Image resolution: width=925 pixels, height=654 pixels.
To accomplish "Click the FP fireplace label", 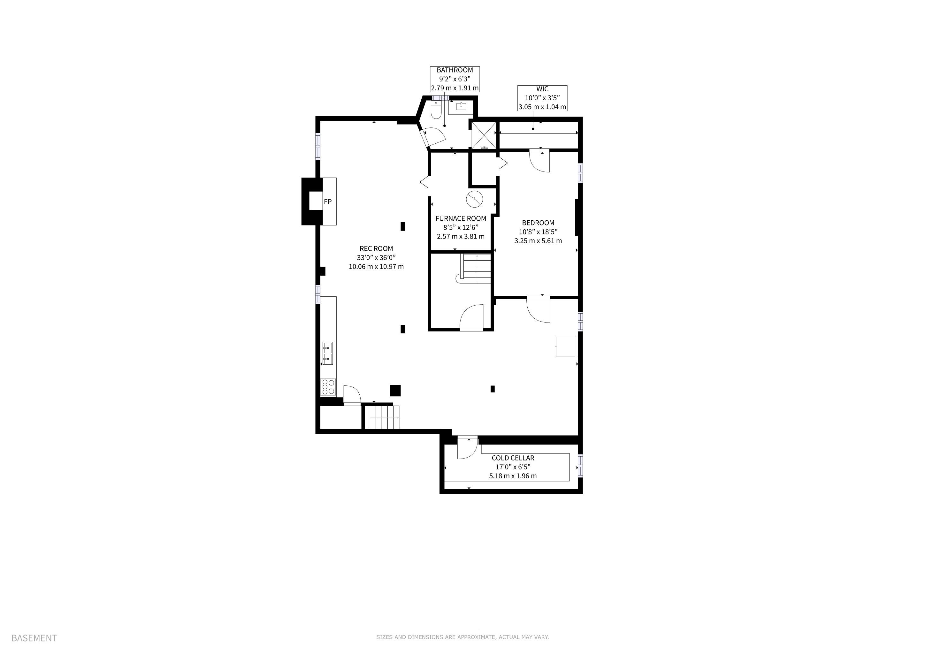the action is (x=327, y=202).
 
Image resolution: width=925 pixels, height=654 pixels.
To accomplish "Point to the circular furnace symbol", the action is (x=474, y=199).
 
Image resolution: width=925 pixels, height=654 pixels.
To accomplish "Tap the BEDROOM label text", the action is (x=538, y=223).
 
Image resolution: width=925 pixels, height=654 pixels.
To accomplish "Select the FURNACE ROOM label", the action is (x=461, y=218).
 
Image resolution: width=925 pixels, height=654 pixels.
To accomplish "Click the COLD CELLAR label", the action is (x=513, y=458).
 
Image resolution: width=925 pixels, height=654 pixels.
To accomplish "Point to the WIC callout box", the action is (x=542, y=98).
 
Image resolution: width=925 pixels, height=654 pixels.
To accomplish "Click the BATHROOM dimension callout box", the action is (x=455, y=79).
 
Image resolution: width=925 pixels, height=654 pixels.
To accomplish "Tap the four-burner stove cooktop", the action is (x=328, y=387).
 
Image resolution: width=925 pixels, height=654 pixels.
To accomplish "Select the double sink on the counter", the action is (x=327, y=353).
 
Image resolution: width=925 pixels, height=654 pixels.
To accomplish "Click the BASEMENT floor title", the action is (x=34, y=638).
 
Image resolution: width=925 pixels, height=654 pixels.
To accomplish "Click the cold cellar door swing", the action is (x=468, y=448).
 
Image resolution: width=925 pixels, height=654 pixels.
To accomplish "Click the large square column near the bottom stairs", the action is (x=395, y=391).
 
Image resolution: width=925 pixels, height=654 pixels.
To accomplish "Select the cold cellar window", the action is (x=580, y=466).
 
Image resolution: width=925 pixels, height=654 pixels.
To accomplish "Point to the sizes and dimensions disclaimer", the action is (x=462, y=637).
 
